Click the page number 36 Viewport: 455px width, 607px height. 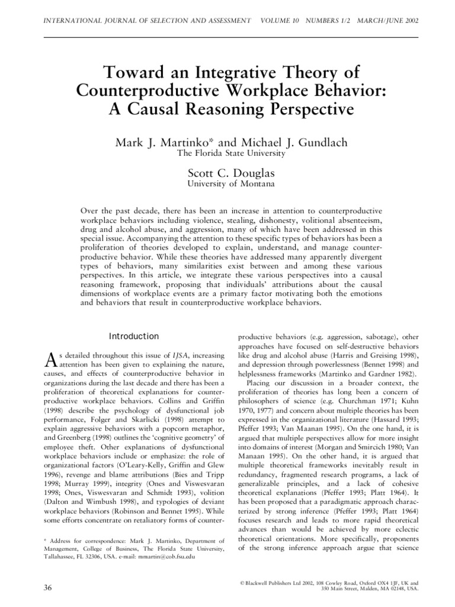pos(49,587)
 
